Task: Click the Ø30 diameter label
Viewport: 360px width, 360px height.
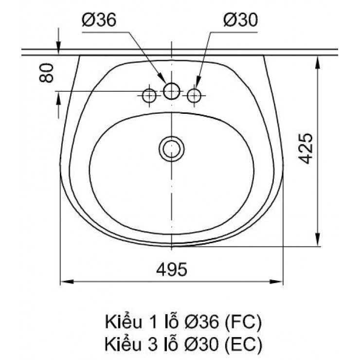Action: click(x=240, y=20)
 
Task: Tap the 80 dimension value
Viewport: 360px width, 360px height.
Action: click(x=46, y=72)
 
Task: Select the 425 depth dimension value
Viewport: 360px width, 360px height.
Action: click(x=305, y=148)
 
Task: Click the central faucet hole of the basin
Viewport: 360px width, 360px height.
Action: click(x=171, y=90)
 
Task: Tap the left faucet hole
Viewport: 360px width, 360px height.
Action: click(x=149, y=95)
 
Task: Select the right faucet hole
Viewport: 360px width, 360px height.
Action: click(x=195, y=95)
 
